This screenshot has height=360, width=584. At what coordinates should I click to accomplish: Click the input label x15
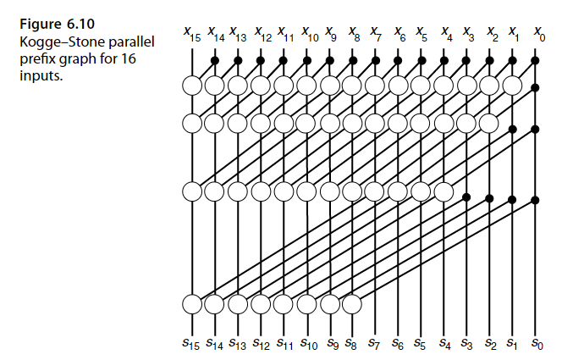click(x=191, y=35)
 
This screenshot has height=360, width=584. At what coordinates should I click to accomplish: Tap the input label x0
click(x=538, y=35)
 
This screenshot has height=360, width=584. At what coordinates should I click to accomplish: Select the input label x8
click(x=354, y=35)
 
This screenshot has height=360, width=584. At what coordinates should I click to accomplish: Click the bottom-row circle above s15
click(x=192, y=302)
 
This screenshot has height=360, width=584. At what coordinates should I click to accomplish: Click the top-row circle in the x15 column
click(x=192, y=85)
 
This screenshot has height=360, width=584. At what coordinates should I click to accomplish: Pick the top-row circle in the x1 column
click(x=512, y=85)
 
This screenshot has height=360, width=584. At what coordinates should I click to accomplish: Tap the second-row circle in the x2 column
click(x=489, y=123)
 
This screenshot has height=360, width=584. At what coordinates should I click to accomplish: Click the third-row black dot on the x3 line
click(x=466, y=197)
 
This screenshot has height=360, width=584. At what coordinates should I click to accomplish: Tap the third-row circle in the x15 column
click(x=192, y=191)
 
